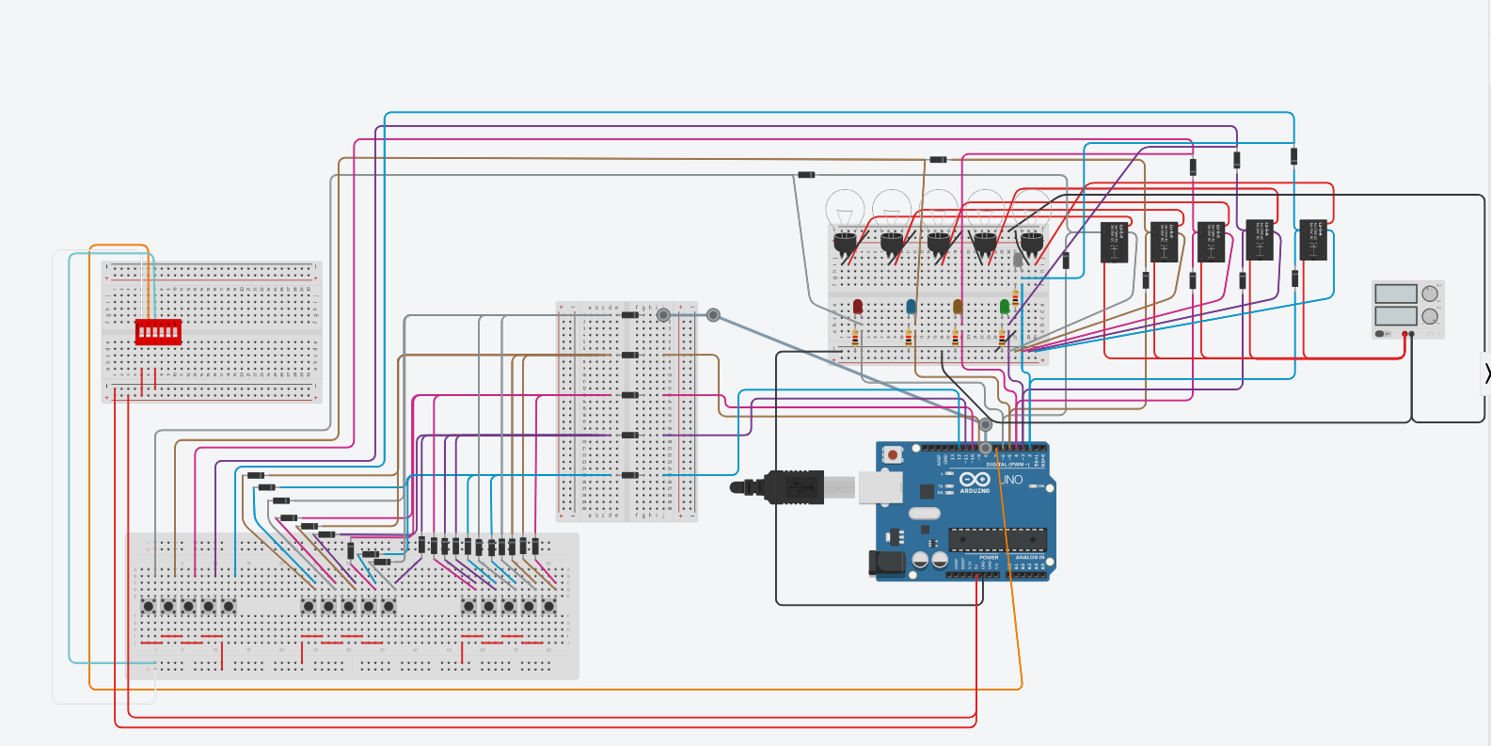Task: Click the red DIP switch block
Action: (158, 331)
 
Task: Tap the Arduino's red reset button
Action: (892, 455)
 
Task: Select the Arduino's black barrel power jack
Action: (886, 563)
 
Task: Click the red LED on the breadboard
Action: (858, 307)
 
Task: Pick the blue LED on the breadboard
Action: (911, 307)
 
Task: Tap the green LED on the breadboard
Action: (1005, 307)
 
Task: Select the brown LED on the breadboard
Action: (958, 307)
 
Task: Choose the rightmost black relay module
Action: (1313, 240)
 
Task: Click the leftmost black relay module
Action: (1115, 243)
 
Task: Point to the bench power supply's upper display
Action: (1396, 294)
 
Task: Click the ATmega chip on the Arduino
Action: (997, 539)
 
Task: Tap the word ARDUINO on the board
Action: (975, 491)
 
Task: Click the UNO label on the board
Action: (1012, 480)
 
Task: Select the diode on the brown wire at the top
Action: (938, 160)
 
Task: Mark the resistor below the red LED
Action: (855, 337)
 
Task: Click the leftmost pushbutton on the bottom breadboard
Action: (148, 607)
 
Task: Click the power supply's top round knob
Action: (1430, 294)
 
